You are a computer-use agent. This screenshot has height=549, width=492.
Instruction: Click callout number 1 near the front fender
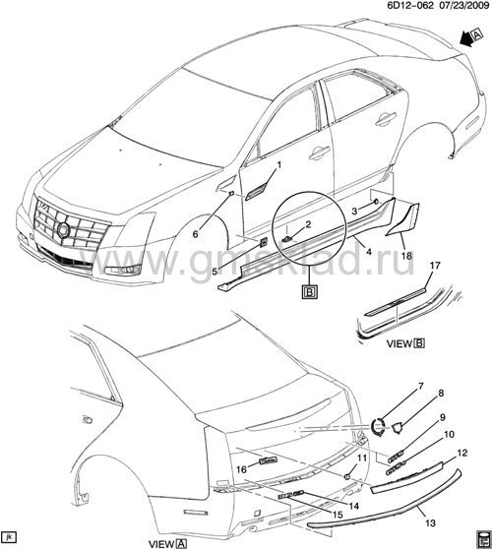point(279,165)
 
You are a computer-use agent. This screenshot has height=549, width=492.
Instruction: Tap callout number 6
point(196,234)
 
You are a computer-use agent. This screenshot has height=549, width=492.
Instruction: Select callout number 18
point(406,256)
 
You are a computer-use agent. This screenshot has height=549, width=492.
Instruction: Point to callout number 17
point(435,266)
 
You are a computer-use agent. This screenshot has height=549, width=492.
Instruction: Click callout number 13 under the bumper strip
point(430,523)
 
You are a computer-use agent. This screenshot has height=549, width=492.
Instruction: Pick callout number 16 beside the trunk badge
point(242,469)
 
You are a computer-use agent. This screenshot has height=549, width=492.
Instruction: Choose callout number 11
point(362,457)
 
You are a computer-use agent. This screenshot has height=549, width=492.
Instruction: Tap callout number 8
point(441,394)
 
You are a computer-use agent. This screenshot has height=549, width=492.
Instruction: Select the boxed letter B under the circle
point(310,291)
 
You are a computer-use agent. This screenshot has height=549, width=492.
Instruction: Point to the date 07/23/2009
point(462,5)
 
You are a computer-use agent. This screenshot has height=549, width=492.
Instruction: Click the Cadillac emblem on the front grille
point(64,230)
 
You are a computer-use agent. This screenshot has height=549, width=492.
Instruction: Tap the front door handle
point(319,153)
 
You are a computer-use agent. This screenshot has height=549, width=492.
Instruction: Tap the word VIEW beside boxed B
point(400,343)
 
